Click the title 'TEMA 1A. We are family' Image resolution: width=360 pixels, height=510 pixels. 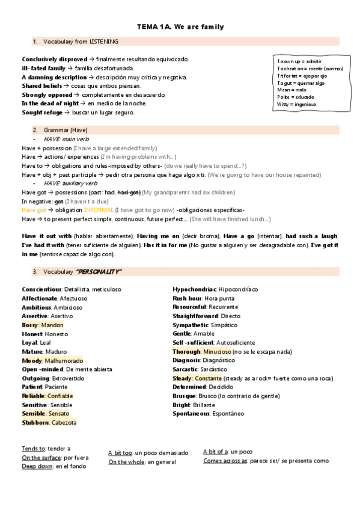180,27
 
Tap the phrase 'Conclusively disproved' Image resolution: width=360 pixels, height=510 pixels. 54,59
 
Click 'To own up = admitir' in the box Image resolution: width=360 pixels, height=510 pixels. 299,61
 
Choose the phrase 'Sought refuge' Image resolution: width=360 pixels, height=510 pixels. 41,112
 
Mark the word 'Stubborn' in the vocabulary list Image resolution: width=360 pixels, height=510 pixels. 35,422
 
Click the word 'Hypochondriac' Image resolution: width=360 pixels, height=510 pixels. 194,289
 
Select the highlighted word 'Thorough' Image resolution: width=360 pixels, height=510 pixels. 186,351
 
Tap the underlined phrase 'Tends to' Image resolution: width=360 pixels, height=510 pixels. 33,449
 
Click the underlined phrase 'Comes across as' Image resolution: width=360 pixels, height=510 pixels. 225,461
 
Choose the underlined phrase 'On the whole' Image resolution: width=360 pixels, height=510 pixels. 126,462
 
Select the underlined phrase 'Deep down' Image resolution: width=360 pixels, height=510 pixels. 37,466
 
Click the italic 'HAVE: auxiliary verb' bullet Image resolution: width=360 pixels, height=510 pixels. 70,183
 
